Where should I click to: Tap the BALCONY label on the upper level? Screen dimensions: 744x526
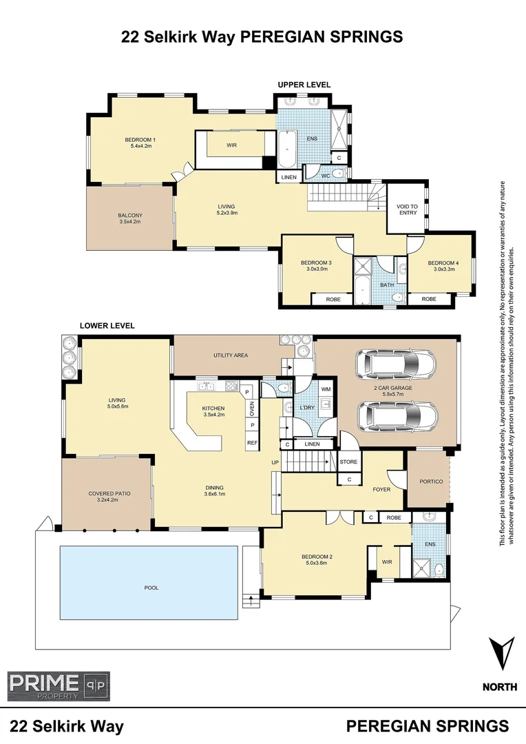[129, 216]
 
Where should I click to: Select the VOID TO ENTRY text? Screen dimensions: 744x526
[407, 209]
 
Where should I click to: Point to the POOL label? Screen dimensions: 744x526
[151, 588]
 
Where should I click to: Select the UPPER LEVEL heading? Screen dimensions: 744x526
[304, 85]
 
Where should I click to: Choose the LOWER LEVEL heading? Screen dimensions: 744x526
[107, 325]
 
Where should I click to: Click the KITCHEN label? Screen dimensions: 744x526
[213, 409]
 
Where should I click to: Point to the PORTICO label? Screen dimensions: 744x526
[430, 481]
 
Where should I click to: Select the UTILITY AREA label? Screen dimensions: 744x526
[226, 355]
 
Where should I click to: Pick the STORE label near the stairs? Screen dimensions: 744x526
[349, 462]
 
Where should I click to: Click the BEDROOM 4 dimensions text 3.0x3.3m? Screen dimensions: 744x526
[442, 270]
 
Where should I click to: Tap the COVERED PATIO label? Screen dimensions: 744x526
[109, 494]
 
